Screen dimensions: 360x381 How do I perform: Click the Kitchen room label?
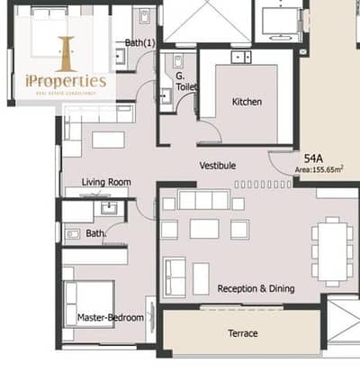point(247,102)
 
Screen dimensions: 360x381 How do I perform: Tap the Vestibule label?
point(218,166)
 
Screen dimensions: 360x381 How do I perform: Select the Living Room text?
point(106,182)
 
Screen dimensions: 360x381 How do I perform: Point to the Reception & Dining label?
point(256,288)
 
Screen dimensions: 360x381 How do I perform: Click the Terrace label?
point(243,333)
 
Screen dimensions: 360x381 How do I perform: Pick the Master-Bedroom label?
point(111,318)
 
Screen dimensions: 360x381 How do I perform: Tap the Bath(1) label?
point(140,43)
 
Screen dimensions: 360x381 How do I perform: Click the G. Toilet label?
point(186,81)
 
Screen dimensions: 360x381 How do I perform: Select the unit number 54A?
point(313,159)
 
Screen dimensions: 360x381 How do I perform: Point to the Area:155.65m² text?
point(319,169)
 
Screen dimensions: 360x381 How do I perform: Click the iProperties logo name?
point(66,81)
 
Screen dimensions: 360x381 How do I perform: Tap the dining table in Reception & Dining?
point(332,251)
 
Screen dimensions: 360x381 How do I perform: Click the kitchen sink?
point(241,57)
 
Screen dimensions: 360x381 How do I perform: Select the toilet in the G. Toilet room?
point(178,61)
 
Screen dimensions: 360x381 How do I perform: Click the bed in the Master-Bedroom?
point(89,304)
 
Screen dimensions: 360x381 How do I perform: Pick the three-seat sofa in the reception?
point(204,199)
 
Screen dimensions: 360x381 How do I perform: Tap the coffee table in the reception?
point(204,229)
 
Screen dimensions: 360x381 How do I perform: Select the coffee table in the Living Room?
point(108,140)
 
